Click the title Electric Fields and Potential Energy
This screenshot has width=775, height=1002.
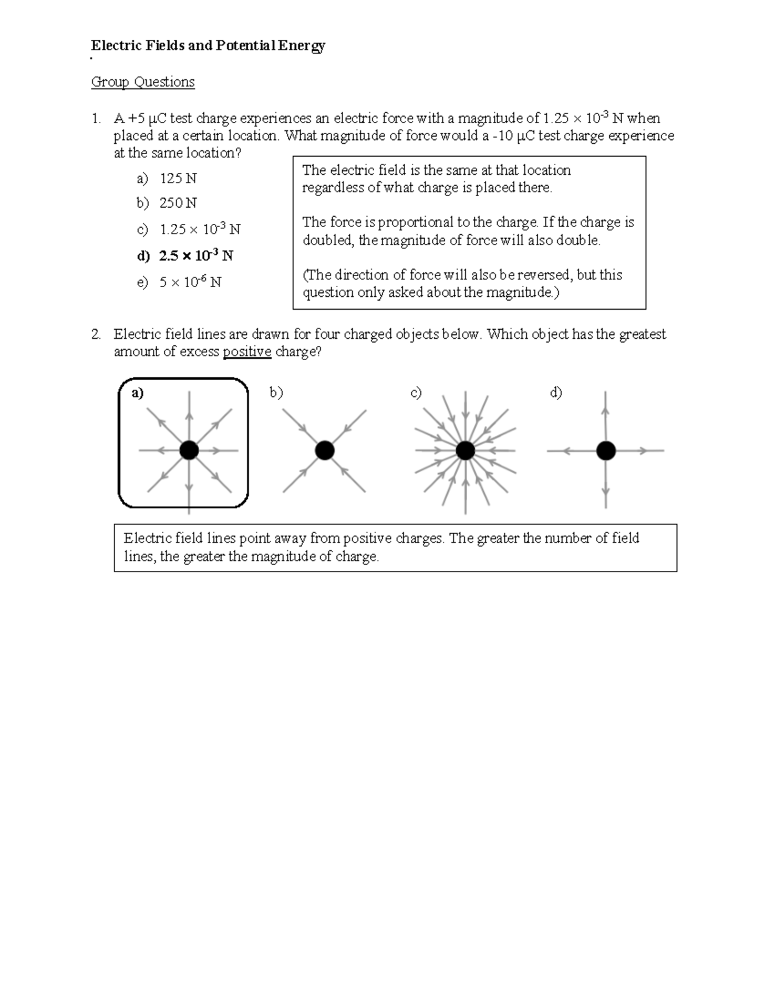coord(208,46)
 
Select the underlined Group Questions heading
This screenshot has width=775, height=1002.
coord(143,82)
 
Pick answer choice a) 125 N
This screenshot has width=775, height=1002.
coord(167,178)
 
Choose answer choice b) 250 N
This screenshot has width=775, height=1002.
coord(167,203)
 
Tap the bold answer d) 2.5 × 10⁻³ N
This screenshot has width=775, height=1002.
coord(185,256)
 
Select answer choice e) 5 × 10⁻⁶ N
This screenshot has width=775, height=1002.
coord(179,283)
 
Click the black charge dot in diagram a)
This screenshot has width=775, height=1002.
coord(189,450)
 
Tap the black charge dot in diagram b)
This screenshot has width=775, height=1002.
coord(324,450)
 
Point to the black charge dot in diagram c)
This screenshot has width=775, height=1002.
coord(465,450)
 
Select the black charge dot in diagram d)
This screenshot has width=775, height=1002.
coord(605,450)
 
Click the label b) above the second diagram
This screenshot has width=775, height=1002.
coord(276,393)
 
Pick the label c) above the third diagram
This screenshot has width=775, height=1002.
coord(416,393)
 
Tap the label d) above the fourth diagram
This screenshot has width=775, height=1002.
coord(556,393)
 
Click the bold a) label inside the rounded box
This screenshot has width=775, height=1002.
coord(137,393)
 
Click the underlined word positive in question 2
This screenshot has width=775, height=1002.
coord(247,352)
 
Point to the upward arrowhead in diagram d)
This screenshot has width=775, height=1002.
coord(605,408)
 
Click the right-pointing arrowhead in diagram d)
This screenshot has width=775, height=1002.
coord(643,451)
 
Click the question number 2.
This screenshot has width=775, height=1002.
coord(96,334)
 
